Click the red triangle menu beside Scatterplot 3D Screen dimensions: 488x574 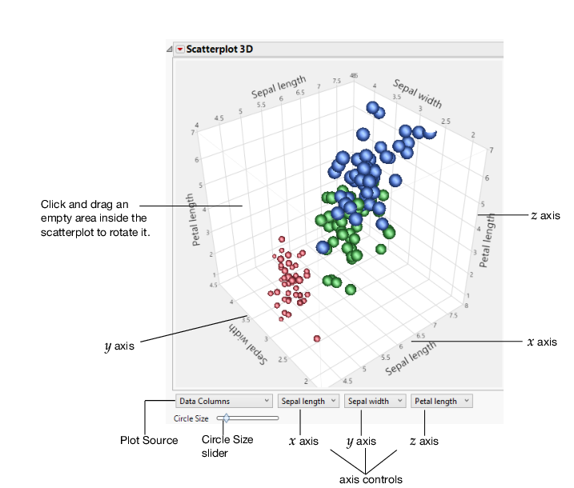click(180, 48)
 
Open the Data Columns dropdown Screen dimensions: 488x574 click(223, 401)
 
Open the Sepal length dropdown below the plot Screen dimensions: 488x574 click(308, 401)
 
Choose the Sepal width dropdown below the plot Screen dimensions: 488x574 click(374, 401)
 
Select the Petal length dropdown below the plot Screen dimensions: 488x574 click(441, 401)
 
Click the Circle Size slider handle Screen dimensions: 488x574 click(227, 418)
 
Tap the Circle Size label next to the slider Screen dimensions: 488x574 click(191, 418)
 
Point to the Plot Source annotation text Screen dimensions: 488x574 click(149, 441)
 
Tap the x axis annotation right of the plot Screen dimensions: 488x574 click(542, 342)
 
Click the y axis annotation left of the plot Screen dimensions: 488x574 click(119, 346)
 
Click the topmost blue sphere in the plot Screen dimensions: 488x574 click(371, 107)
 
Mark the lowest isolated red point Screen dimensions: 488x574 click(318, 338)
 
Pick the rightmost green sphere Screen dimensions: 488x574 click(389, 233)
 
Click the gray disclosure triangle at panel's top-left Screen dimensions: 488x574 click(168, 50)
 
